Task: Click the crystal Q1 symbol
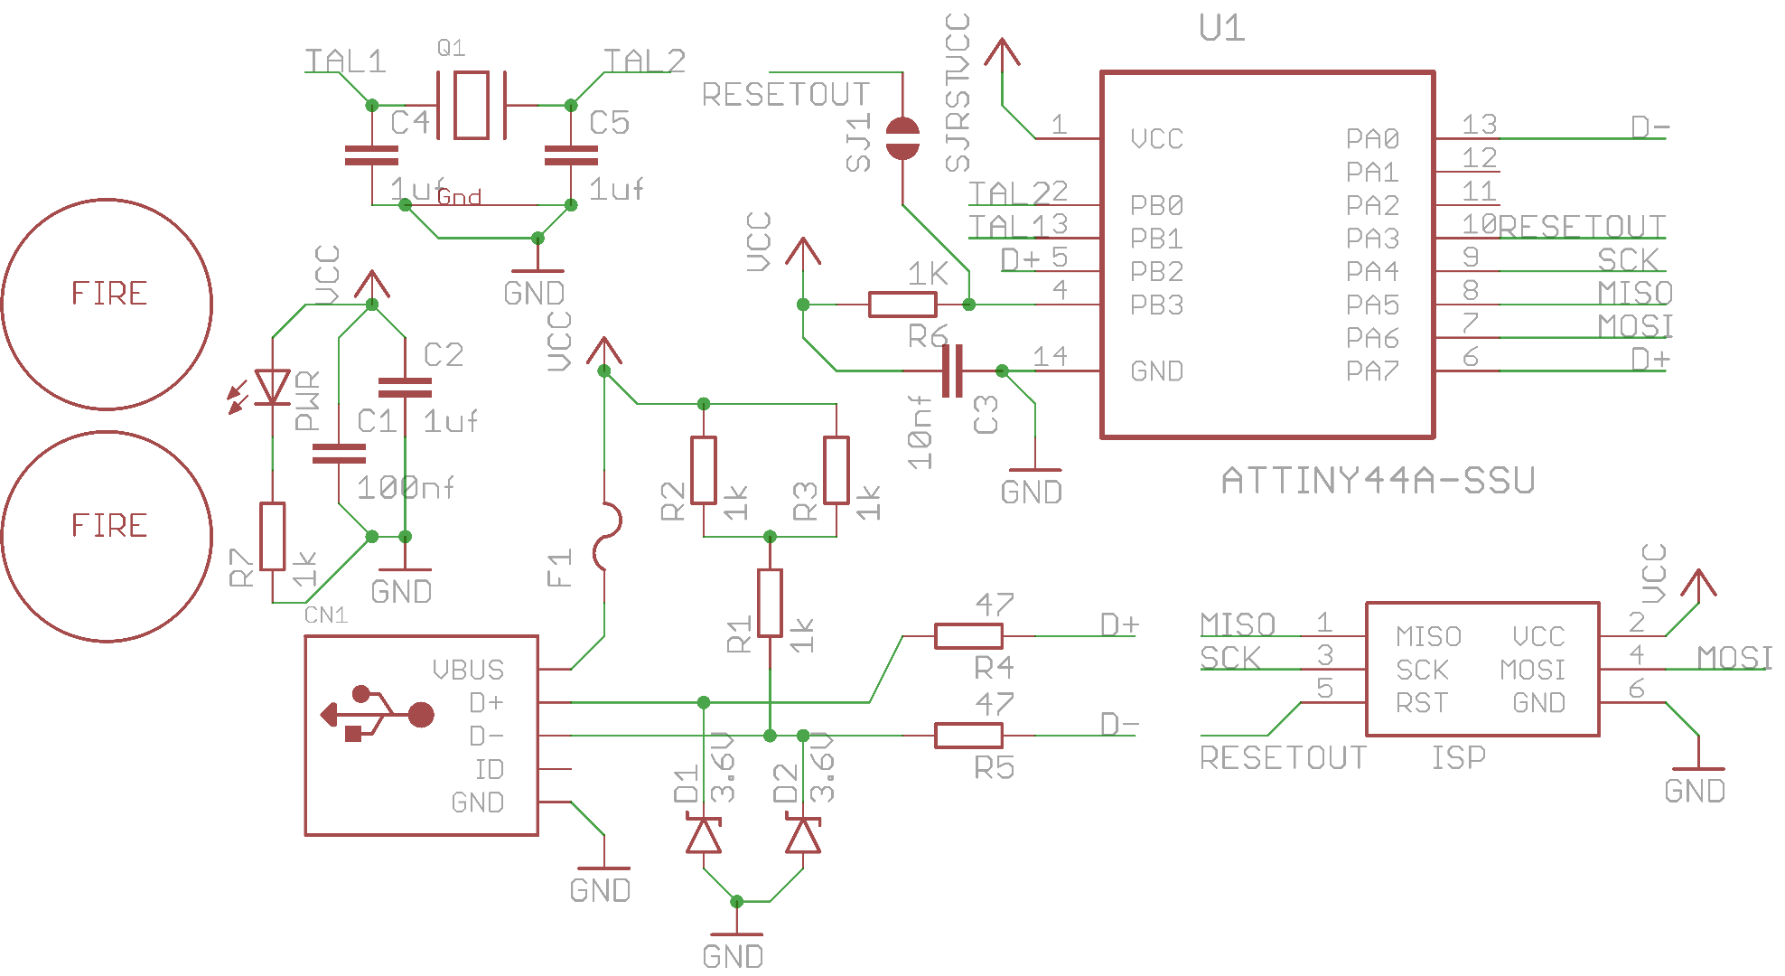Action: (471, 106)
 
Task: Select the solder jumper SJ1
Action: (902, 138)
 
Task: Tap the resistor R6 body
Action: (902, 305)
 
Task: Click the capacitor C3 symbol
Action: (952, 371)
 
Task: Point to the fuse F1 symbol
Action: (606, 536)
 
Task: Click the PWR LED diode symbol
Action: (272, 387)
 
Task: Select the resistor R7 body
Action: (272, 536)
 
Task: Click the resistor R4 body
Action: (967, 636)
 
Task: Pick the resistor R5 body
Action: (967, 736)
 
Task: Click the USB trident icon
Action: (378, 715)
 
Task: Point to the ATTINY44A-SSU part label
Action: (1378, 481)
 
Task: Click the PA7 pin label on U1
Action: (1372, 371)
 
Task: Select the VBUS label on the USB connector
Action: (468, 670)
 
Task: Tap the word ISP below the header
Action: (1458, 757)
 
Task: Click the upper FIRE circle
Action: (107, 304)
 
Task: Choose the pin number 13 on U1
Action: (1480, 124)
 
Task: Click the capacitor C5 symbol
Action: (571, 156)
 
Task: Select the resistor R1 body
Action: (770, 603)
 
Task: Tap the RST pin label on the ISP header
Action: (1421, 703)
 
